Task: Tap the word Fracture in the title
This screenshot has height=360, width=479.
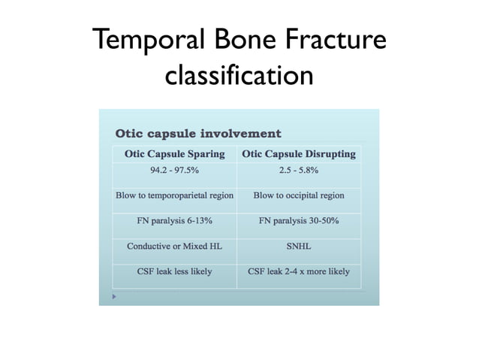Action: tap(332, 39)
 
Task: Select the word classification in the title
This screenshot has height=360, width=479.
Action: tap(239, 74)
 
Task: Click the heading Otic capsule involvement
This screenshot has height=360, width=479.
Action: tap(197, 134)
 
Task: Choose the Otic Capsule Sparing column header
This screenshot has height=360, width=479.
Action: tap(174, 154)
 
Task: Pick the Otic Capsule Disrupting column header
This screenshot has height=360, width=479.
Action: tap(298, 154)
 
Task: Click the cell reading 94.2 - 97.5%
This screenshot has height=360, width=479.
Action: tap(174, 171)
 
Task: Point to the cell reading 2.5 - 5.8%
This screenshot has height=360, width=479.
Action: tap(298, 171)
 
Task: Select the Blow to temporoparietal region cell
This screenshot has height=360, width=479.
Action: tap(174, 195)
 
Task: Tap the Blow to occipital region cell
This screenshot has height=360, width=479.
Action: tap(298, 195)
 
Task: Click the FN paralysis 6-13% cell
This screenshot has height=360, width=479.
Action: tap(174, 221)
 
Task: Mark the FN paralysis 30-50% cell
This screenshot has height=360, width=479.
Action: tap(298, 221)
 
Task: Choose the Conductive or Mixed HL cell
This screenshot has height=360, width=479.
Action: tap(174, 246)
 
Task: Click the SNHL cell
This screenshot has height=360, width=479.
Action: tap(298, 246)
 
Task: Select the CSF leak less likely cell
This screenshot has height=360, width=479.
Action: tap(174, 271)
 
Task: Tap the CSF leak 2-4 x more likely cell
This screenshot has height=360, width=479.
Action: tap(298, 271)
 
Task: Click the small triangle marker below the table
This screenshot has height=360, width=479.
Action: tap(115, 296)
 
